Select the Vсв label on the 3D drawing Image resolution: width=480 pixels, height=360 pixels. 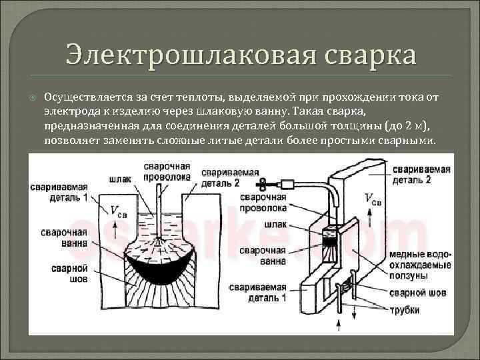pos(373,198)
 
